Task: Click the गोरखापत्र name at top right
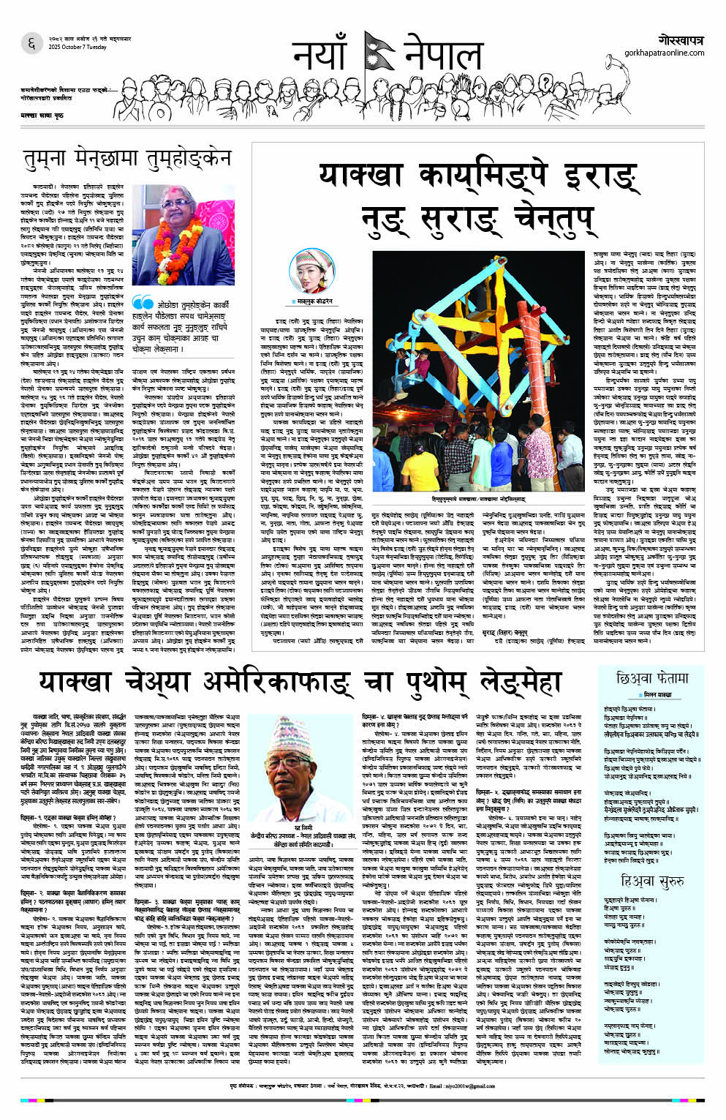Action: point(681,38)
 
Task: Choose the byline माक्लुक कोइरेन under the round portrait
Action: point(314,301)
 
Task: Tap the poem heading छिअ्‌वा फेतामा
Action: point(652,678)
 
